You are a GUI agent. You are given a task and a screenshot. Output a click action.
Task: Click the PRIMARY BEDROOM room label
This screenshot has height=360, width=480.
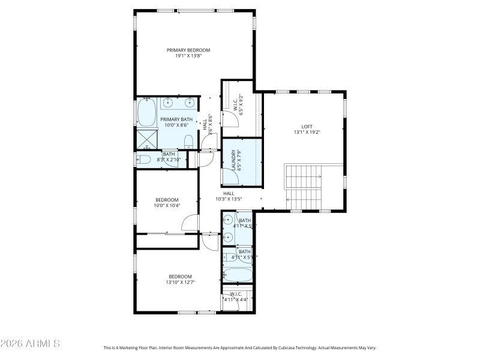pos(188,50)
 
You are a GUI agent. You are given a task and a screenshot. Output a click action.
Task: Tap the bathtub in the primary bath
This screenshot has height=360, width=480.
pos(147,112)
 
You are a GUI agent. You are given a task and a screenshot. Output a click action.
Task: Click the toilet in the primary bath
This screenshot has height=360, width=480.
pos(188,142)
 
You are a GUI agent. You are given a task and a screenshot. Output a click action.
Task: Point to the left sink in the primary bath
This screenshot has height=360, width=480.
pos(168,103)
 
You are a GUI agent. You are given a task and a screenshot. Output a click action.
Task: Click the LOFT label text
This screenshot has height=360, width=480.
pos(307,127)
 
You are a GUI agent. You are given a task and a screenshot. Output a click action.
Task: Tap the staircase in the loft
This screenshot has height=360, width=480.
pos(304,187)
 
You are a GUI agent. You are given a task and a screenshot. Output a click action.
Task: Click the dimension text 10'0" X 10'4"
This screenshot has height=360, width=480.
pos(167,205)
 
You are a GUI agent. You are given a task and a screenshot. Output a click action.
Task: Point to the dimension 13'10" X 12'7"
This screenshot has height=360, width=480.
pos(180,282)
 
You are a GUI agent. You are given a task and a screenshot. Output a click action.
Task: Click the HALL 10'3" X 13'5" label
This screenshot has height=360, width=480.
pos(229,196)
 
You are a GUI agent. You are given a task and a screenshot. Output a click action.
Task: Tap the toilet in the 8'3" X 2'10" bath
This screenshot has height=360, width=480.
pos(143,160)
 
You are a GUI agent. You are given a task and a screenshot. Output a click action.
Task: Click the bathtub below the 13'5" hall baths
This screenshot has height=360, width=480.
pos(238,276)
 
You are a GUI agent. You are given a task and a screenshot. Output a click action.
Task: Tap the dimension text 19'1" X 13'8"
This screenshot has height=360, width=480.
pos(188,56)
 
